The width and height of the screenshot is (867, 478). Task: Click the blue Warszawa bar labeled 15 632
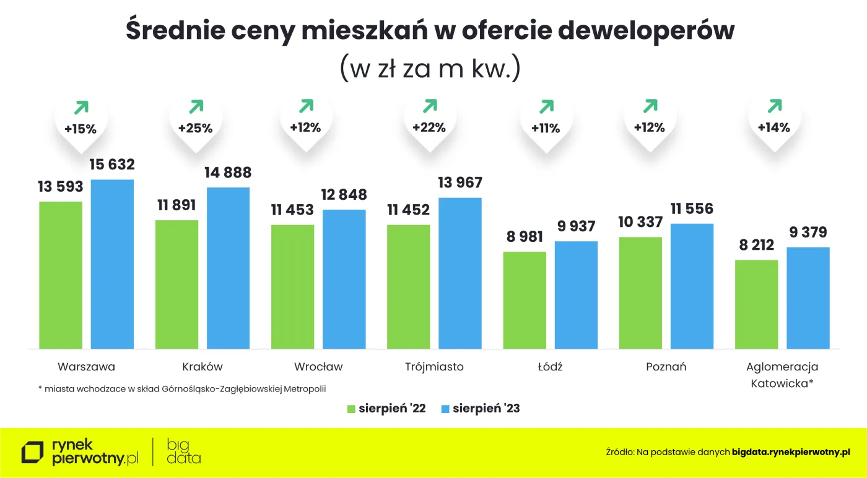point(112,264)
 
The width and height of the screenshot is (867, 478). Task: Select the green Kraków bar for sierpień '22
point(176,284)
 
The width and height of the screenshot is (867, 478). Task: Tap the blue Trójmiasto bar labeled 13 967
point(460,273)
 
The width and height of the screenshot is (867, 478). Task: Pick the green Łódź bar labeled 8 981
point(525,300)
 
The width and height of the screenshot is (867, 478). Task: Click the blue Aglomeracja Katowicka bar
point(808,297)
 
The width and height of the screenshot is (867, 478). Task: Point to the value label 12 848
point(344,195)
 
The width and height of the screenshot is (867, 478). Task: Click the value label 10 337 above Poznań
point(640,222)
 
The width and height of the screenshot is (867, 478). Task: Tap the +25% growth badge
point(195,129)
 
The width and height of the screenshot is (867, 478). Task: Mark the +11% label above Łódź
point(545,129)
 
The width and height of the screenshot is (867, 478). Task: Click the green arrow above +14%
point(774,106)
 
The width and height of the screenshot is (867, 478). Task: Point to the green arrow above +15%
point(81,108)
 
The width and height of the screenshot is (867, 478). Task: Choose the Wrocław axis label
point(318,367)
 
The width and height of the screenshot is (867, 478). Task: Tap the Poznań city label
point(666,367)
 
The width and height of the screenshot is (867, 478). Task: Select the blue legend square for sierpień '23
point(445,409)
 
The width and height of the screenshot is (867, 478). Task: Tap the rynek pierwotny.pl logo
point(81,452)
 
